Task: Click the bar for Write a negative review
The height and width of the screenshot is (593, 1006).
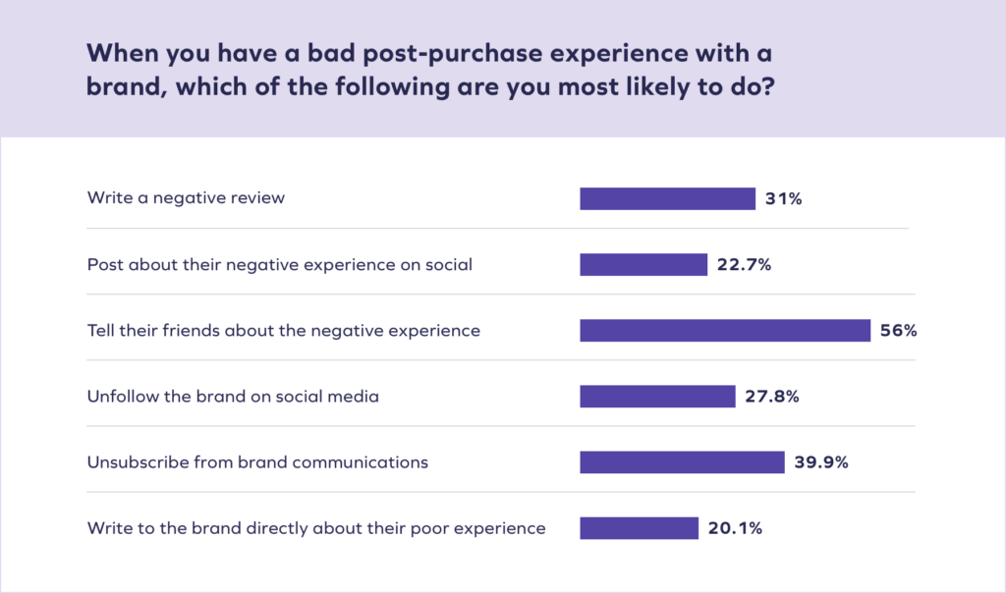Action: pos(667,198)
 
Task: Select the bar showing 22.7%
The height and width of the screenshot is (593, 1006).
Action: pos(643,265)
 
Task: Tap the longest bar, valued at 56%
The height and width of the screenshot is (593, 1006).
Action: pos(725,331)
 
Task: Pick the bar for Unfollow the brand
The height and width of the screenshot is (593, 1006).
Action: pos(657,397)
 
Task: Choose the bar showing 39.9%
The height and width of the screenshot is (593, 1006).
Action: pos(682,462)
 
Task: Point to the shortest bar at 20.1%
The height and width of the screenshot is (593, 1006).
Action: pos(639,528)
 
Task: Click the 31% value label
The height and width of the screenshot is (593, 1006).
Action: pos(784,198)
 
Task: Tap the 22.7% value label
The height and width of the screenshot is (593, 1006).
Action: pos(744,265)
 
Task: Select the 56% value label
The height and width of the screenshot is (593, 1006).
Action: pos(899,331)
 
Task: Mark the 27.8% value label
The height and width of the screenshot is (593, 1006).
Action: pos(772,397)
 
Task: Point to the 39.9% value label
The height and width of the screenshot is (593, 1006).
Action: pos(821,462)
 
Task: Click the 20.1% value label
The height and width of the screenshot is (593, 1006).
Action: pos(735,528)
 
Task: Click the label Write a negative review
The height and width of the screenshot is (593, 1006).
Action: pos(186,198)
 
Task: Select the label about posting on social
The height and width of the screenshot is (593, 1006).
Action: pos(279,265)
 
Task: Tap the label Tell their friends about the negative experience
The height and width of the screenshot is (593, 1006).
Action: pos(283,331)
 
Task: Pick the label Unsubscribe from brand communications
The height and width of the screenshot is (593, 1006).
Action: pos(257,462)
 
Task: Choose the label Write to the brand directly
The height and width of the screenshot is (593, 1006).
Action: pos(315,528)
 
